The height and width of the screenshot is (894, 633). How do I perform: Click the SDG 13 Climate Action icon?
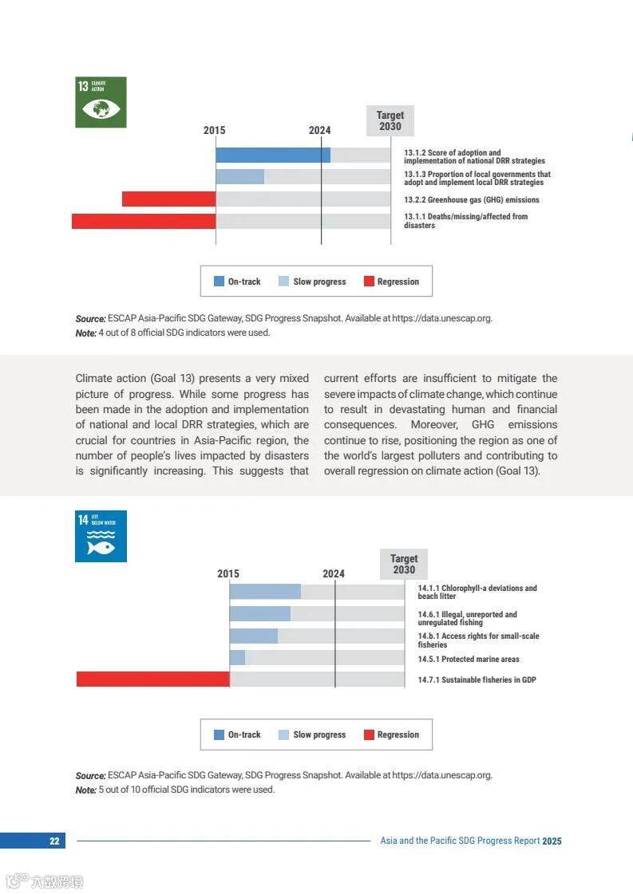101,102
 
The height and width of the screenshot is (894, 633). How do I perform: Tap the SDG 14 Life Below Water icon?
101,536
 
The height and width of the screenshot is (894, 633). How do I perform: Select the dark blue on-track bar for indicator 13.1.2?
272,156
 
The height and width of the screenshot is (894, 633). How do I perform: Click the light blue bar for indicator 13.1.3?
239,177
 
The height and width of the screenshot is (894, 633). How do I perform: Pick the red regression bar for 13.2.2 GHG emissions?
168,199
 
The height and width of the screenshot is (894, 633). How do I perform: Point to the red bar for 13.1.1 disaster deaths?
144,221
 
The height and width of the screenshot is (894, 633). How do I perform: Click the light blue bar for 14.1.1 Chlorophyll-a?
265,592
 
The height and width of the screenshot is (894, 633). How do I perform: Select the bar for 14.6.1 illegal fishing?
259,614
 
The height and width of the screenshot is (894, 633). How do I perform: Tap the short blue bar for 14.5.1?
237,658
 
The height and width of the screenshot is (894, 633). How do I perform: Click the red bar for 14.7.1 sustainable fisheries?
152,679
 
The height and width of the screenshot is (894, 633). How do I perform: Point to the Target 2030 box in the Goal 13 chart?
390,121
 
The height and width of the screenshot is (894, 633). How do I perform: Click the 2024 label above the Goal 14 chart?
334,574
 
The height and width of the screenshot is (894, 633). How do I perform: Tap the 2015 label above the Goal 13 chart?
214,131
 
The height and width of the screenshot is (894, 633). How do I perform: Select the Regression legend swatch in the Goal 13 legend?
369,282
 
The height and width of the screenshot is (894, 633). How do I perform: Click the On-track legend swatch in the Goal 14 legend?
219,734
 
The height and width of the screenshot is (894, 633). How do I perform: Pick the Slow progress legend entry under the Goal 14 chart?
312,734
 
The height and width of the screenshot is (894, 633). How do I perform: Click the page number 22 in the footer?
54,841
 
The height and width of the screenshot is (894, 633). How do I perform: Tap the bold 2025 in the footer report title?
552,841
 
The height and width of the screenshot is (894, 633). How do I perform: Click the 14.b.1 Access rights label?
478,640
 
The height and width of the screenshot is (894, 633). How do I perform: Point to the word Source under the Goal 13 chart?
90,318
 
